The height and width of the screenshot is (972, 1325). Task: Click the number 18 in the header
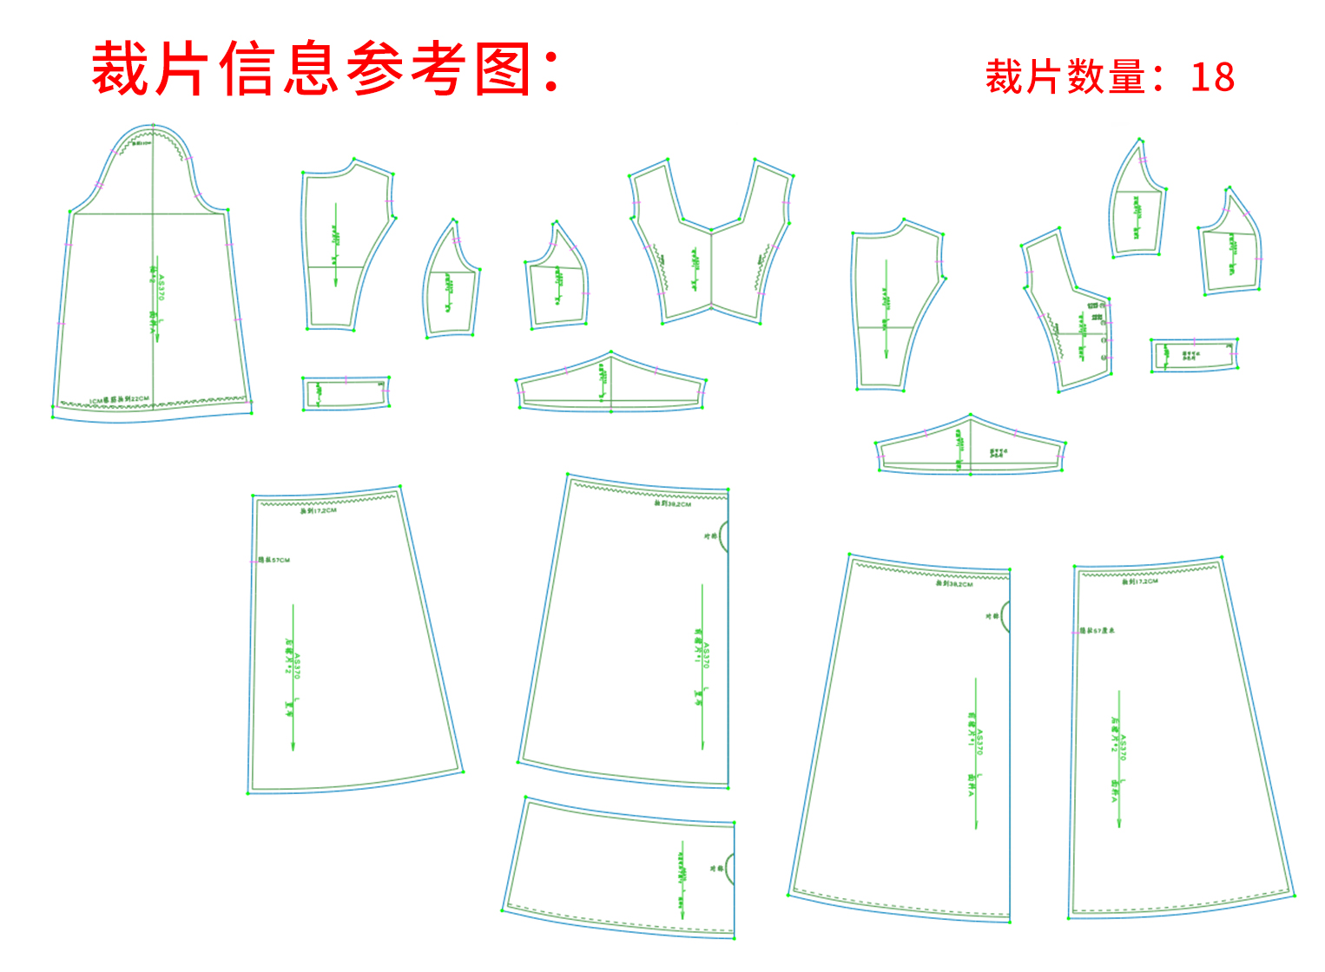tap(1212, 77)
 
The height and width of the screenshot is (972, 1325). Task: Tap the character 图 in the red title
tap(504, 69)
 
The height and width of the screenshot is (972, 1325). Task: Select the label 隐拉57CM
tap(274, 561)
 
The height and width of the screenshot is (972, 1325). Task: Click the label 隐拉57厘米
tap(1098, 630)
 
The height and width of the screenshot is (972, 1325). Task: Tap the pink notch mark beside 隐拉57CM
tap(253, 561)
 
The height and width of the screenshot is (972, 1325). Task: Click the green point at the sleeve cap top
tap(153, 125)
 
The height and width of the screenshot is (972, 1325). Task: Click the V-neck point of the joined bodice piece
tap(711, 231)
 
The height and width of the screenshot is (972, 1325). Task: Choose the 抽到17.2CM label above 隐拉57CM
tap(319, 511)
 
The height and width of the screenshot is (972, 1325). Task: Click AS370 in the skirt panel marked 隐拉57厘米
tap(1123, 748)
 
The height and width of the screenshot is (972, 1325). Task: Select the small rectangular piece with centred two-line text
tap(1193, 355)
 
